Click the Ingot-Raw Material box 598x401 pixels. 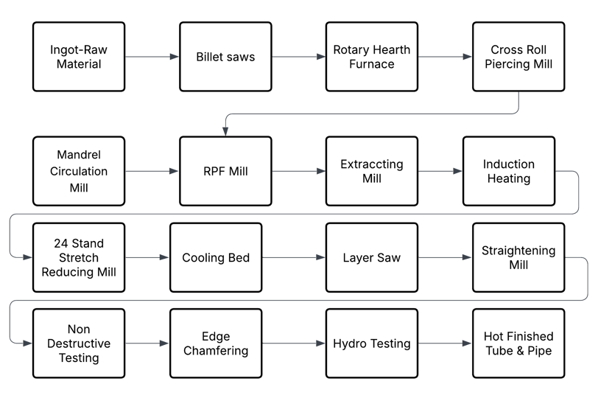point(79,57)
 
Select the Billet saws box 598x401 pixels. point(225,57)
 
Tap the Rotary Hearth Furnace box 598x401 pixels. point(372,57)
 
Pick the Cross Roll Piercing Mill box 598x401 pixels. point(518,57)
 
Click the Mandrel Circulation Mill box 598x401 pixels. point(79,171)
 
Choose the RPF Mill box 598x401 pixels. point(225,171)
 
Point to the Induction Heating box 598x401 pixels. point(509,171)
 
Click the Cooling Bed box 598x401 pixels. point(216,257)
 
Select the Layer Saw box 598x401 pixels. point(372,257)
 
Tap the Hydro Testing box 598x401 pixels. point(372,344)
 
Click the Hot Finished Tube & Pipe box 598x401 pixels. point(518,344)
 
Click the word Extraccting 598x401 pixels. point(372,164)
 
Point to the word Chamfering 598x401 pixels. point(216,351)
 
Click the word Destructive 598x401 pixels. point(79,344)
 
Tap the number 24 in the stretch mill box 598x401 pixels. point(60,243)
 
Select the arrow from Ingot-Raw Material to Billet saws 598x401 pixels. point(152,57)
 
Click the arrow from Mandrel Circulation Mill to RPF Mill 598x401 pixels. point(152,171)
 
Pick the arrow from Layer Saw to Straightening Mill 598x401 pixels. point(445,257)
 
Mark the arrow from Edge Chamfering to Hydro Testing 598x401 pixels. point(294,344)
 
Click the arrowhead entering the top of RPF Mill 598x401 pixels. point(225,132)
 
